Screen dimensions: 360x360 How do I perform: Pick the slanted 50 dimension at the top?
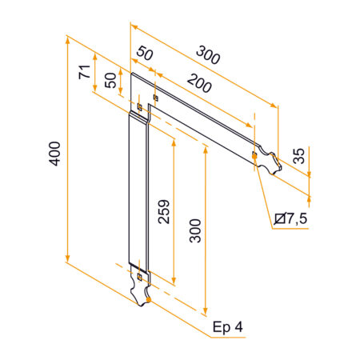[x=144, y=54]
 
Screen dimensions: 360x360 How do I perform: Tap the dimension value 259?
[x=163, y=210]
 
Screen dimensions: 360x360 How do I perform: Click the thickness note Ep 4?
[x=227, y=326]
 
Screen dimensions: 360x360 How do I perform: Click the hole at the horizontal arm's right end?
[x=254, y=154]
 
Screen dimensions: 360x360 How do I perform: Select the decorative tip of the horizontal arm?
[x=270, y=162]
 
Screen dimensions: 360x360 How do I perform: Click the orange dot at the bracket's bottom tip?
[x=146, y=302]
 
